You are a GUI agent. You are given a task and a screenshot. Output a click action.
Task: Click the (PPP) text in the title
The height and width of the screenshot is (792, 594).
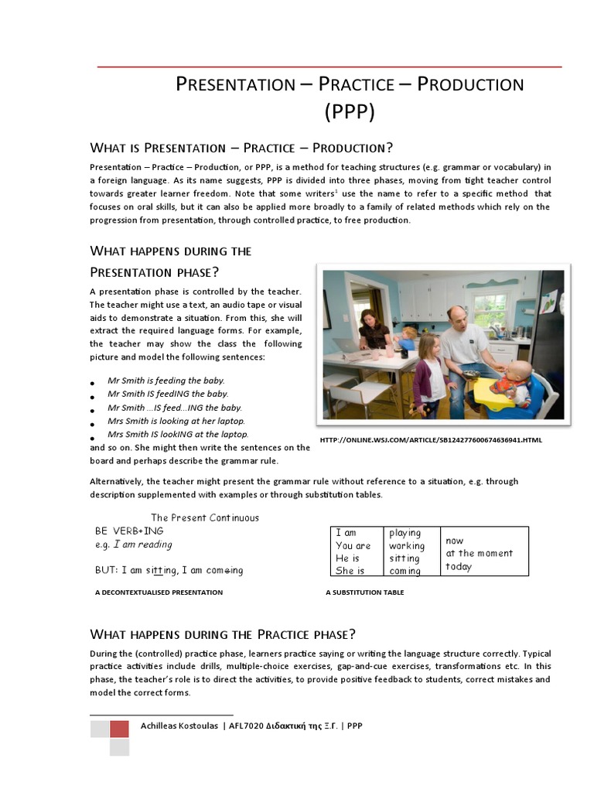[349, 112]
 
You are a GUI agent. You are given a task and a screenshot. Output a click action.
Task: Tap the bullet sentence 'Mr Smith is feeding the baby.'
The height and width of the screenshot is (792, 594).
[166, 381]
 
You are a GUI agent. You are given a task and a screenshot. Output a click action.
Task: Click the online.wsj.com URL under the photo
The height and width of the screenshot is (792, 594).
[431, 440]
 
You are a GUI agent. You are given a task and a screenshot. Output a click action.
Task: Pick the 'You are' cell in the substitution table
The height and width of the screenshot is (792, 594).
[353, 545]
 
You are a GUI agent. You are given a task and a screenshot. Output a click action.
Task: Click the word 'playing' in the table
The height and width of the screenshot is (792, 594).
[405, 533]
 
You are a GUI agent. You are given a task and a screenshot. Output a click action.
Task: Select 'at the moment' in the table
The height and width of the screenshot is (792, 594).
[479, 553]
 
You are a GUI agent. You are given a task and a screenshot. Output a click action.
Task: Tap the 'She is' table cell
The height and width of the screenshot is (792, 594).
[350, 571]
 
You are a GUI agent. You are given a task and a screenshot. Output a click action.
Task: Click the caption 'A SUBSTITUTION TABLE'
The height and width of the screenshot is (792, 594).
[365, 592]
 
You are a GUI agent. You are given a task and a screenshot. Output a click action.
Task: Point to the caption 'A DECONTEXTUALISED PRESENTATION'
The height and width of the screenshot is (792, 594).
[159, 592]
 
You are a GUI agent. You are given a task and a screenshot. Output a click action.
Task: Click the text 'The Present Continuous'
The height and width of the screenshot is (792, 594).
[205, 517]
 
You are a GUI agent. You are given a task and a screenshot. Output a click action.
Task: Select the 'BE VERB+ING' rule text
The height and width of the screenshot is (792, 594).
[129, 531]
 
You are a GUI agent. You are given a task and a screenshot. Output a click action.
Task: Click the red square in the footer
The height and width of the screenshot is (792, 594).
[119, 729]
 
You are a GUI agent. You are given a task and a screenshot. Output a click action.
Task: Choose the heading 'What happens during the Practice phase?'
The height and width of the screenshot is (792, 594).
[223, 634]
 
